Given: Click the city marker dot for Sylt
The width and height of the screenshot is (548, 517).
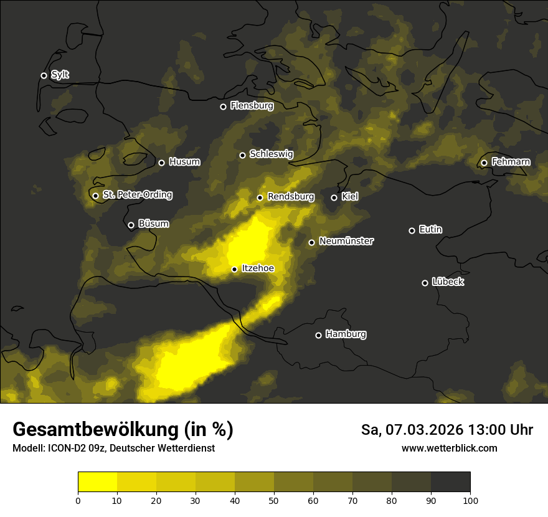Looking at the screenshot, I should coord(44,75).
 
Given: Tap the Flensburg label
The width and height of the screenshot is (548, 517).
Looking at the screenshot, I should coord(252,106).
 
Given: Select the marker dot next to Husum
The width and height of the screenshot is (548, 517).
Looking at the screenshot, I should coord(161,163).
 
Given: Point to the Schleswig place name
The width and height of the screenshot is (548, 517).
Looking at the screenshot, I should coord(271,154).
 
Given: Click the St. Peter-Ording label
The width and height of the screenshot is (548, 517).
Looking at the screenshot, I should coord(137,195).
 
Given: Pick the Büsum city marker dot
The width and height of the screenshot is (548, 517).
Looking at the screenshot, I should coord(131,225).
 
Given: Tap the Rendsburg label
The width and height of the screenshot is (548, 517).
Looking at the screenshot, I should coord(291,197).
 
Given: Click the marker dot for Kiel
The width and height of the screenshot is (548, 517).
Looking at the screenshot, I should coord(334,197).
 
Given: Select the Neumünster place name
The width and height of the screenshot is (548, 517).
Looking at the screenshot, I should coord(346,241).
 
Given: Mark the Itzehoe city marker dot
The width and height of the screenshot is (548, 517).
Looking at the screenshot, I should coord(234,269).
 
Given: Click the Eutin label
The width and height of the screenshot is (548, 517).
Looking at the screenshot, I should coord(430,230).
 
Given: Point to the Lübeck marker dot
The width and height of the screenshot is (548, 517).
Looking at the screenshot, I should coord(425,283).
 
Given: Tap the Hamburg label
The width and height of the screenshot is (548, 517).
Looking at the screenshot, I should coord(346,334).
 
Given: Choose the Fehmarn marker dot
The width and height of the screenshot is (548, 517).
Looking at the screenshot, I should coord(484,163).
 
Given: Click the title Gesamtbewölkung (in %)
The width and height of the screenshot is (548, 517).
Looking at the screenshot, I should coord(123,430).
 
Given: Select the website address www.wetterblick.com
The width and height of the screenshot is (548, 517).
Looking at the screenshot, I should coord(449,448).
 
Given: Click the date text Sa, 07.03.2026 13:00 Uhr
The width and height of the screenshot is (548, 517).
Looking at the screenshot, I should coord(446,430).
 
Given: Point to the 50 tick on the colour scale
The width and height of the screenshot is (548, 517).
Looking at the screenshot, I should coord(274,500).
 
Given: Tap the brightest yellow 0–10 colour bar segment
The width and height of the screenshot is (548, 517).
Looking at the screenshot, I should coord(97,481).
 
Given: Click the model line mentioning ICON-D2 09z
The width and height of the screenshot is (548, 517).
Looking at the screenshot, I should coord(113,448).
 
